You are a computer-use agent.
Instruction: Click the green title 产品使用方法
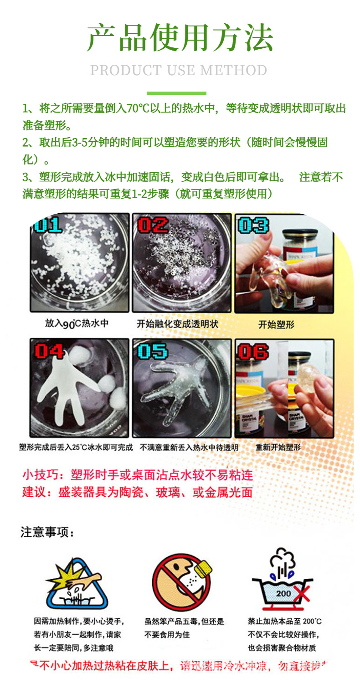(180, 38)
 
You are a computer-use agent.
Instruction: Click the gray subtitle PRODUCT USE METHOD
(179, 71)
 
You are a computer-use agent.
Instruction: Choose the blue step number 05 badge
(153, 351)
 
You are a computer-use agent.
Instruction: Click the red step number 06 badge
(253, 351)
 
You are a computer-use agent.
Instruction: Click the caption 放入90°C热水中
(77, 324)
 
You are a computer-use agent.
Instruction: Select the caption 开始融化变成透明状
(177, 324)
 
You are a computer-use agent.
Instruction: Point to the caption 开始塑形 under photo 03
(276, 324)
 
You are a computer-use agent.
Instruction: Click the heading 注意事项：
(47, 532)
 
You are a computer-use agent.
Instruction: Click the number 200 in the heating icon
(283, 593)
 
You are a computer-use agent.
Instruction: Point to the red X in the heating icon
(301, 594)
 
